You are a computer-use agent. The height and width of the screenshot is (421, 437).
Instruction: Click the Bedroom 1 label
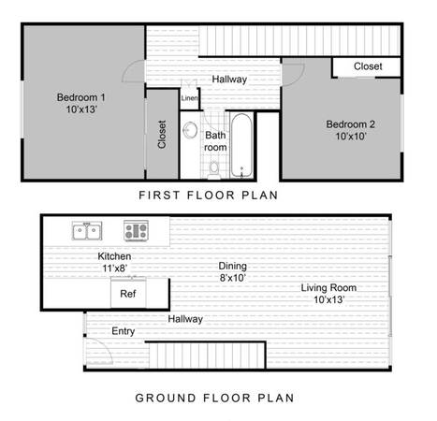(x=80, y=97)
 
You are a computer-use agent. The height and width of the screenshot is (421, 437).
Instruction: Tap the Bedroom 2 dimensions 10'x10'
(x=351, y=137)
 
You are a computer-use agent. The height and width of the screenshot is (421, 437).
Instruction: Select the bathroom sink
(x=190, y=130)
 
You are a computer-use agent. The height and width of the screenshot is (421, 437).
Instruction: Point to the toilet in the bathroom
(x=214, y=170)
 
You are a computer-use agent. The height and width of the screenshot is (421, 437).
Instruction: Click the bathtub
(x=241, y=146)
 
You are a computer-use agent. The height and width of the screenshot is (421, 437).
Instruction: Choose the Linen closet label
(x=189, y=98)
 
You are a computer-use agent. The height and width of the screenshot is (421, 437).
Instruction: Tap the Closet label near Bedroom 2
(x=368, y=66)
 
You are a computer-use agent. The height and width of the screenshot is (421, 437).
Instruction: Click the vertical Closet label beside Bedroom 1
(x=162, y=134)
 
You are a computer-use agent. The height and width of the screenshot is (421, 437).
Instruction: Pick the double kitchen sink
(x=87, y=231)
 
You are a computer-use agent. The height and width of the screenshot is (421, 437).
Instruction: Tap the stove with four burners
(x=136, y=231)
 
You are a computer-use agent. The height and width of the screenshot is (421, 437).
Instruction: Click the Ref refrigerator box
(x=128, y=292)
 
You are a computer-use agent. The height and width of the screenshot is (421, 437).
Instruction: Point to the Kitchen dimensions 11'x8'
(x=115, y=269)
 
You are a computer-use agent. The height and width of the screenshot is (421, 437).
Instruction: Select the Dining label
(x=232, y=266)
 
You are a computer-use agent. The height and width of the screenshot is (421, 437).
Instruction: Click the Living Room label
(x=328, y=287)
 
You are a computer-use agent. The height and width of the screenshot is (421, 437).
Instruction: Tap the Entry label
(x=124, y=331)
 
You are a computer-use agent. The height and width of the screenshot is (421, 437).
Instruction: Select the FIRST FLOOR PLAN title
(x=208, y=196)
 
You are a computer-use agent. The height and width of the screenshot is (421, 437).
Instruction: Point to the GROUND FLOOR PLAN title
(x=214, y=398)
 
